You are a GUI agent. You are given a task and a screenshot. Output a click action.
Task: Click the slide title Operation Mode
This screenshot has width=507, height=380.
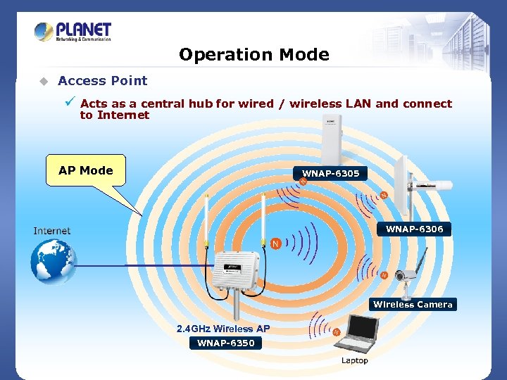click(x=254, y=54)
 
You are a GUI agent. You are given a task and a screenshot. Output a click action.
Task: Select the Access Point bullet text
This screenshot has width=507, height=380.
click(x=103, y=81)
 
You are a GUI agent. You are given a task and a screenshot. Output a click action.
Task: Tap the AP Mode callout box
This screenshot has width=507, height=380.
click(x=86, y=170)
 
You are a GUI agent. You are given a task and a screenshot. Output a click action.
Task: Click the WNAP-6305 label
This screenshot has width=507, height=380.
click(x=330, y=173)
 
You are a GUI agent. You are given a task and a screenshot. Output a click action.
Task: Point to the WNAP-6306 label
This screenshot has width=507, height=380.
click(x=414, y=229)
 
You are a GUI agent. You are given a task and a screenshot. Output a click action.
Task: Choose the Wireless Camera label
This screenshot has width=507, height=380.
click(x=413, y=304)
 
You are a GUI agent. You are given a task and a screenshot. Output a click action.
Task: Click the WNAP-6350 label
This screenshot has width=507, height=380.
click(x=225, y=343)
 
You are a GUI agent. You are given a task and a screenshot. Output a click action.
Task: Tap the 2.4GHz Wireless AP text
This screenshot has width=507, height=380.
click(x=223, y=329)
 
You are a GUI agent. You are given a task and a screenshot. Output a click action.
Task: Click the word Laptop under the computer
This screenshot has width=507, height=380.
click(x=354, y=360)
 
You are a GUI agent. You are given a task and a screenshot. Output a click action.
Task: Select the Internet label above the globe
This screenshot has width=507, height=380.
click(x=52, y=231)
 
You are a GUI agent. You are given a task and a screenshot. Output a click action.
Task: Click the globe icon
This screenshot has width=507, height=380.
click(x=52, y=261)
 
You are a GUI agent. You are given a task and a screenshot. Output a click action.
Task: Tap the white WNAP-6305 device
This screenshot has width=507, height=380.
click(x=329, y=141)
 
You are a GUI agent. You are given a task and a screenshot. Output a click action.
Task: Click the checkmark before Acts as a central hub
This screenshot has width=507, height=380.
click(x=70, y=103)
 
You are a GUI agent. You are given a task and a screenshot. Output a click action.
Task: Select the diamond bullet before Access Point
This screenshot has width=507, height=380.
click(x=43, y=81)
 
